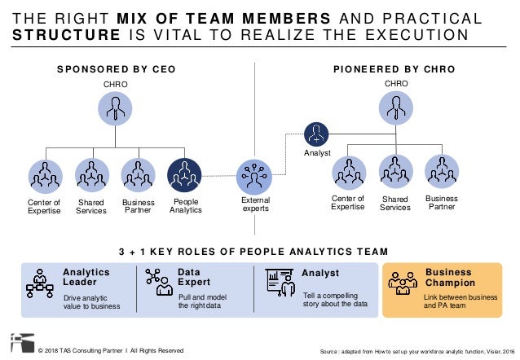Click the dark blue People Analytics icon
(184, 174)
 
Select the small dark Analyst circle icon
(316, 134)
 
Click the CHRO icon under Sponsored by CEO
(115, 108)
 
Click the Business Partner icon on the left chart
(138, 174)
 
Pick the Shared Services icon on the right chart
(395, 172)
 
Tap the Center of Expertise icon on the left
(46, 174)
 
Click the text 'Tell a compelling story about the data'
(335, 299)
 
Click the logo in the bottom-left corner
(18, 343)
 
